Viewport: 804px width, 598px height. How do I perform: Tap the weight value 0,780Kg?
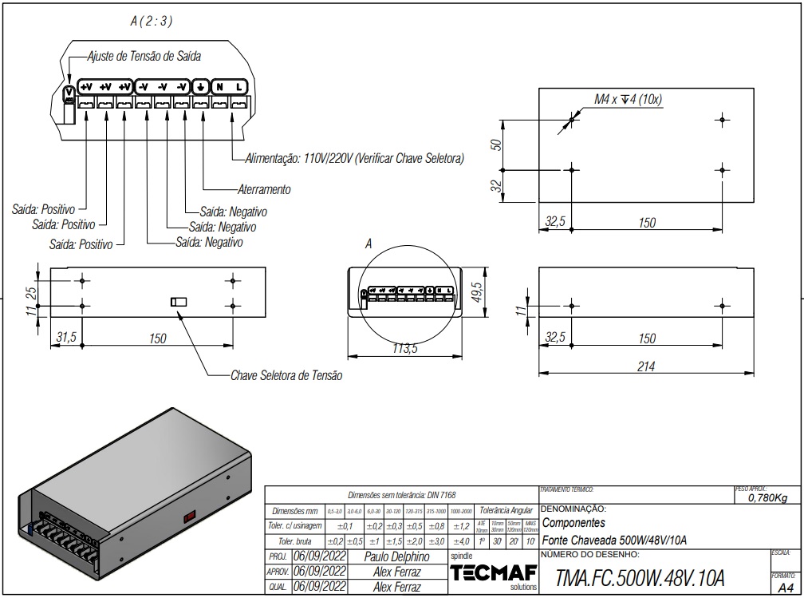(767, 498)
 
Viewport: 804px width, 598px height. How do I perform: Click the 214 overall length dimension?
(647, 366)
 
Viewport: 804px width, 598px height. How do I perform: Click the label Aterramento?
(264, 190)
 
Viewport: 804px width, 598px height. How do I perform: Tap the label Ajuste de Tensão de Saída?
(144, 57)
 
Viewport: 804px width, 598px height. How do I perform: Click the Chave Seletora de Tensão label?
(286, 375)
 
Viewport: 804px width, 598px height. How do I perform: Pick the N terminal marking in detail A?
(219, 86)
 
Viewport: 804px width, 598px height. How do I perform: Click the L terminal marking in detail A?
(239, 86)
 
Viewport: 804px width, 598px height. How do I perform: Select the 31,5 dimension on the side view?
(65, 338)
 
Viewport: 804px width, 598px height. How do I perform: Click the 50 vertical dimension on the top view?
(495, 145)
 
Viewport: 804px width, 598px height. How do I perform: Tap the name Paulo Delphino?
(396, 556)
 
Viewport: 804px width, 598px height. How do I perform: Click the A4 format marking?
(786, 587)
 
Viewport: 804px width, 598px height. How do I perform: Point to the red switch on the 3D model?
(190, 516)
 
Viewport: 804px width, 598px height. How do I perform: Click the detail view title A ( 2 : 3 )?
(152, 22)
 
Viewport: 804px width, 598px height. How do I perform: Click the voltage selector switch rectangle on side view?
(178, 301)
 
